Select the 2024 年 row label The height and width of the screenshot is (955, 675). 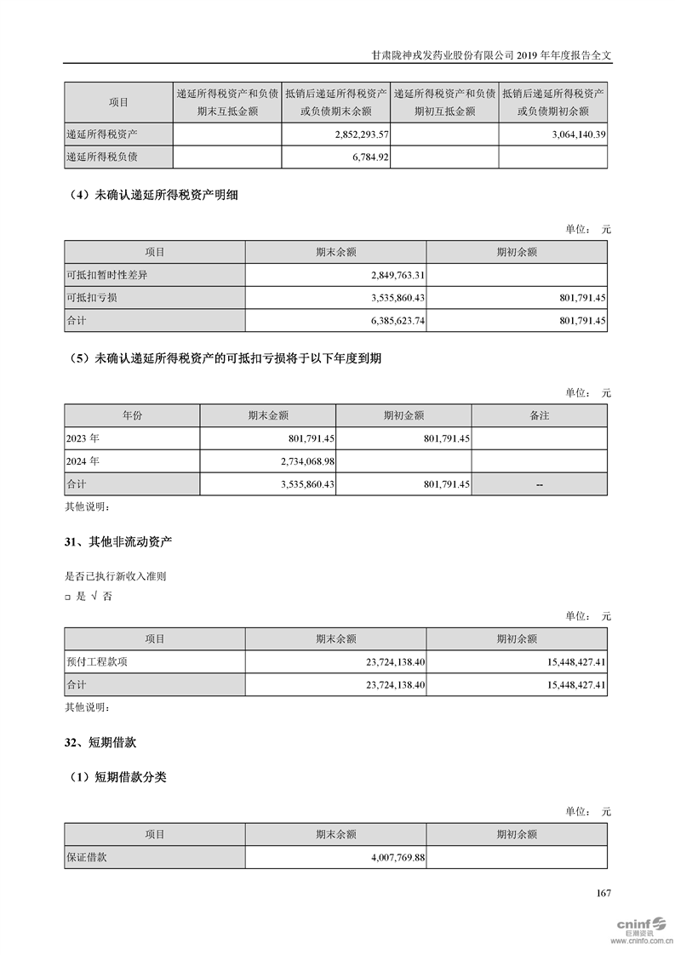83,461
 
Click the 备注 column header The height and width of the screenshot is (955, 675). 539,415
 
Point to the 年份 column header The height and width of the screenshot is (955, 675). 132,415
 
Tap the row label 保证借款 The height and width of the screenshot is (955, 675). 86,858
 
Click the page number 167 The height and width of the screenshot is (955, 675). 603,893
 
